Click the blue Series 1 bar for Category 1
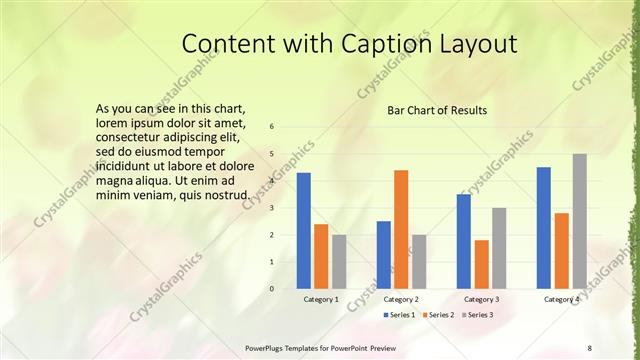click(303, 230)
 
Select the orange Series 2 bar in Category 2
click(401, 229)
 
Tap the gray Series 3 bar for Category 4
click(579, 221)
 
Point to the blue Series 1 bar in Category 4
click(543, 227)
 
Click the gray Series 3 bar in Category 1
click(339, 261)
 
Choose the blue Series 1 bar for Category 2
click(383, 254)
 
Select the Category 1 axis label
click(321, 299)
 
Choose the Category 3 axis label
click(481, 299)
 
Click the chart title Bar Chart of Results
click(437, 110)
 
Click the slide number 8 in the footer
click(590, 347)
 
